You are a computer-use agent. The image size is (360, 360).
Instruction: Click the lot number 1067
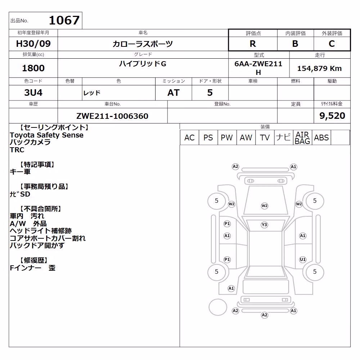click(x=64, y=20)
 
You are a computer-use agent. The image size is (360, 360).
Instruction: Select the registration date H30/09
click(x=33, y=44)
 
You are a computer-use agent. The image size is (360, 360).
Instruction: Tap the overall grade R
click(x=253, y=44)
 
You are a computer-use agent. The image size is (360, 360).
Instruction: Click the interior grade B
click(x=295, y=44)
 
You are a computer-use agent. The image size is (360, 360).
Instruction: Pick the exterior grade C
click(x=332, y=44)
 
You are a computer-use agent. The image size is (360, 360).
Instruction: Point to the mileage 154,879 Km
click(x=319, y=68)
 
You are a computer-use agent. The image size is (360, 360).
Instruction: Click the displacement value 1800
click(x=33, y=68)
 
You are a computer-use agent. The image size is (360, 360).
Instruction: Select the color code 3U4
click(x=33, y=93)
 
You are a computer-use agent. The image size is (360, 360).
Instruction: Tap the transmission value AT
click(x=174, y=93)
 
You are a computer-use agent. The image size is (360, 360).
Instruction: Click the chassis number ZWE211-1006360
click(x=112, y=116)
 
